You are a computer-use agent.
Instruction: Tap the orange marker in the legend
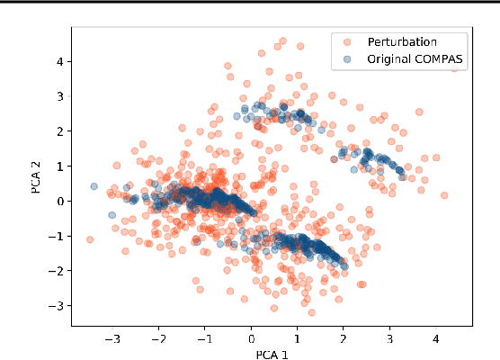[x=347, y=41]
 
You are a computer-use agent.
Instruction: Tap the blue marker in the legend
[x=347, y=59]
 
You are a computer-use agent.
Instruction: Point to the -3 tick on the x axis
[x=113, y=339]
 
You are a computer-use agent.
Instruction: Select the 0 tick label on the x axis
[x=253, y=339]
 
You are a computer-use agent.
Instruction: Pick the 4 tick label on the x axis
[x=436, y=339]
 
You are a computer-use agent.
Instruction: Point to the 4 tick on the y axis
[x=60, y=61]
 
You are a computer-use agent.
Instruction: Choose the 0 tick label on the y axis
[x=60, y=201]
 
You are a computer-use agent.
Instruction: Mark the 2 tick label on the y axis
[x=60, y=131]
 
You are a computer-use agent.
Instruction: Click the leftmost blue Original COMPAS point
[x=94, y=186]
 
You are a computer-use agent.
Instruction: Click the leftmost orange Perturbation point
[x=89, y=239]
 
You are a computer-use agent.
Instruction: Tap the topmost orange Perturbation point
[x=282, y=40]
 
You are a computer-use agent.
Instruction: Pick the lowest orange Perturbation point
[x=311, y=312]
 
